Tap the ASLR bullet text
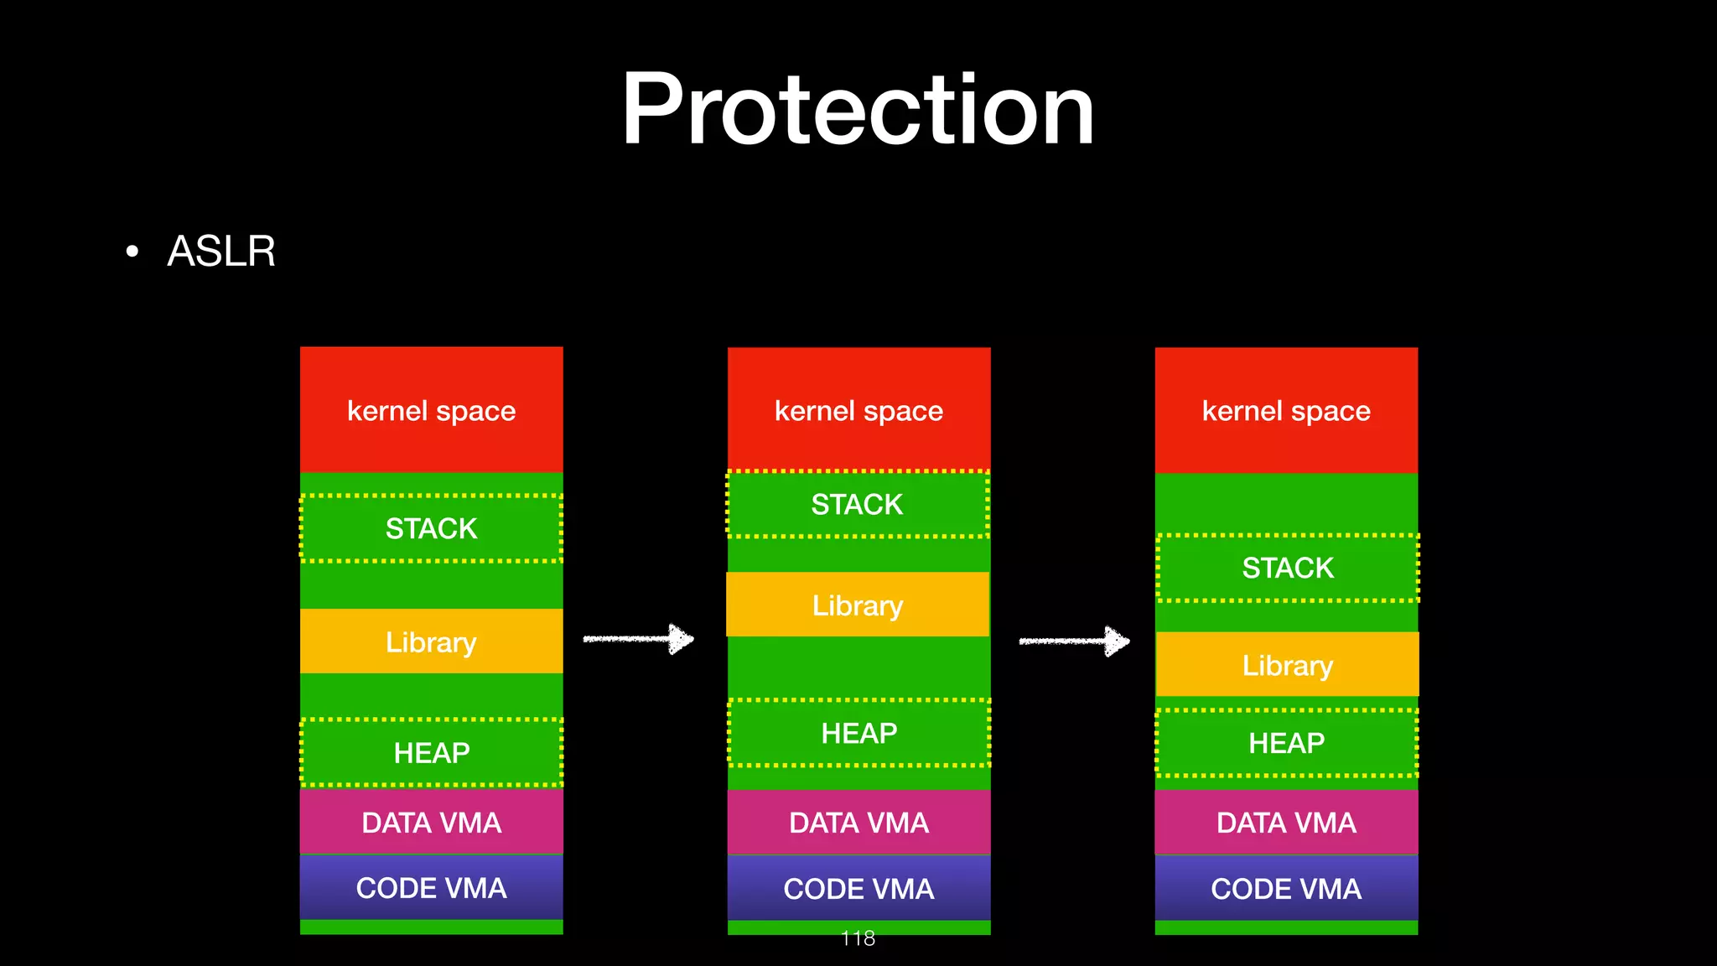tap(221, 251)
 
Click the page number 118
tap(858, 938)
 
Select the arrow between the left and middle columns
tap(639, 639)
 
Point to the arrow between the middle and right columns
tap(1074, 641)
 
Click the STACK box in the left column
tap(431, 528)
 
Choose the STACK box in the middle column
tap(857, 504)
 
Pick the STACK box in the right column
tap(1287, 568)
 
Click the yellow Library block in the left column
tap(431, 641)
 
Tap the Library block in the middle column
tap(858, 605)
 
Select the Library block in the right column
tap(1287, 665)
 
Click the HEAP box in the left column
tap(431, 752)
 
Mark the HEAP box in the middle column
tap(858, 733)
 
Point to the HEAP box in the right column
tap(1286, 743)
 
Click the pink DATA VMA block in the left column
tap(431, 823)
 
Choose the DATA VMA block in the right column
tap(1286, 823)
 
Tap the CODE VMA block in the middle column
tap(858, 888)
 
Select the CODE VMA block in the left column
tap(431, 887)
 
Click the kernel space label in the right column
tap(1286, 411)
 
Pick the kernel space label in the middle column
tap(858, 411)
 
